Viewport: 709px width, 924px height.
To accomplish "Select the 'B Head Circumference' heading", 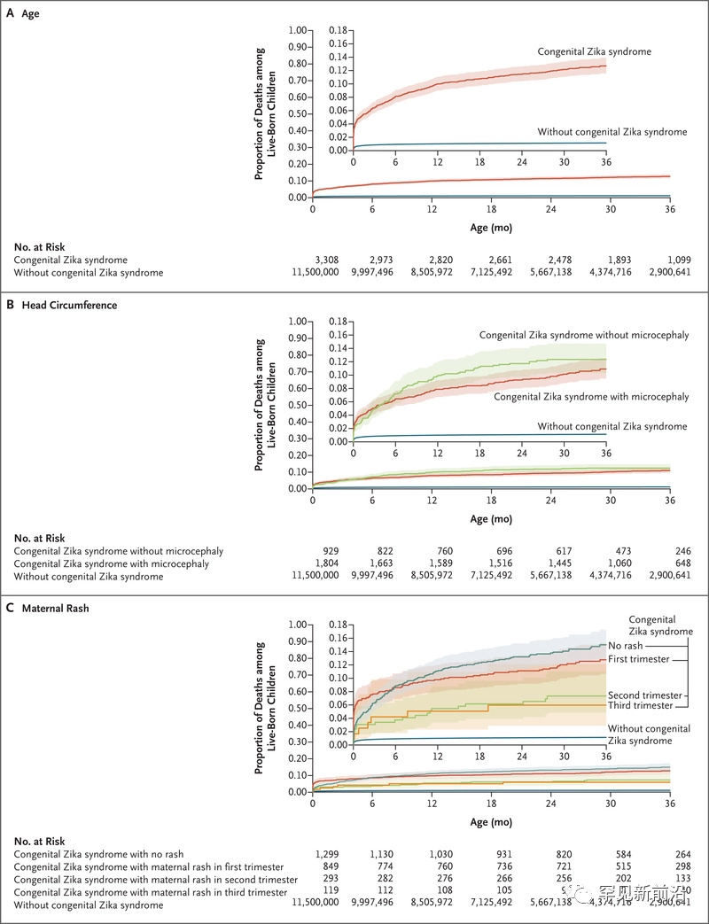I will tap(61, 305).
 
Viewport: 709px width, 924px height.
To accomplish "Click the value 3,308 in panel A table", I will tap(324, 260).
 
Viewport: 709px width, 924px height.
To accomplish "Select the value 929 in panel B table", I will tap(328, 551).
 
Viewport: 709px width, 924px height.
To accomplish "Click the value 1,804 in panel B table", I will tap(324, 563).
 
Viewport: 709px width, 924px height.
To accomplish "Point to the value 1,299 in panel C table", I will tap(324, 853).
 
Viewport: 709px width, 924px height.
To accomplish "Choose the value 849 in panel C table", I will tap(328, 866).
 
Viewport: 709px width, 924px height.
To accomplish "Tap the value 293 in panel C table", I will tap(328, 878).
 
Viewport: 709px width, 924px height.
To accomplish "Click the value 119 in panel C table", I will tap(328, 890).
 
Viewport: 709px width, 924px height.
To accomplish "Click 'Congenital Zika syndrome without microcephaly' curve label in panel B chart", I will tap(584, 336).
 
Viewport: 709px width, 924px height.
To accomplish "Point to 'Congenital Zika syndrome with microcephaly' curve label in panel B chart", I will tap(590, 396).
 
